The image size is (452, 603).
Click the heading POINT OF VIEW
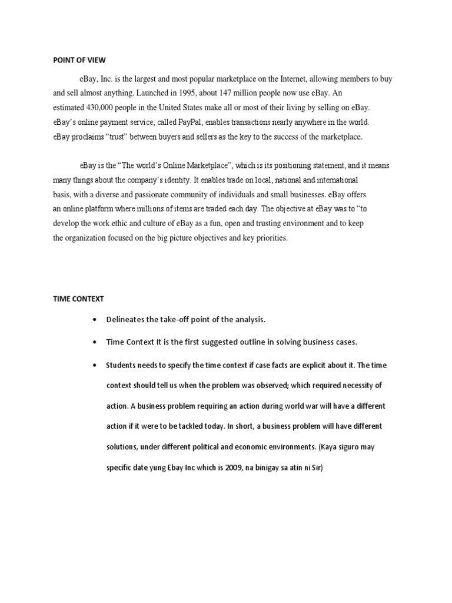[79, 59]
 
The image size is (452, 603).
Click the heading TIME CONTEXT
[78, 299]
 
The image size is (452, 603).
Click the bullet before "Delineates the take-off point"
[94, 320]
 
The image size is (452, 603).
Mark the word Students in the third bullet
[121, 365]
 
